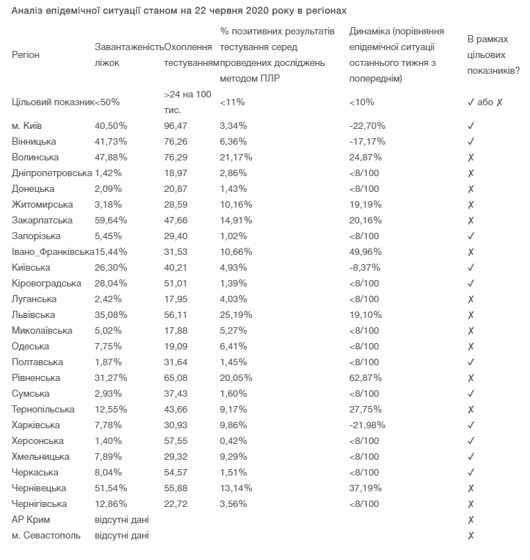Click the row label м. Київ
click(26, 125)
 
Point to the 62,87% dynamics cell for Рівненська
click(366, 377)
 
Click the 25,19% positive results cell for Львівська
click(236, 314)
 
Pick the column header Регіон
click(26, 54)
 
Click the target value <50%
click(107, 102)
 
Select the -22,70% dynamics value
click(366, 125)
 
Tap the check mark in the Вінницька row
click(471, 141)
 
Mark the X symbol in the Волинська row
click(471, 157)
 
